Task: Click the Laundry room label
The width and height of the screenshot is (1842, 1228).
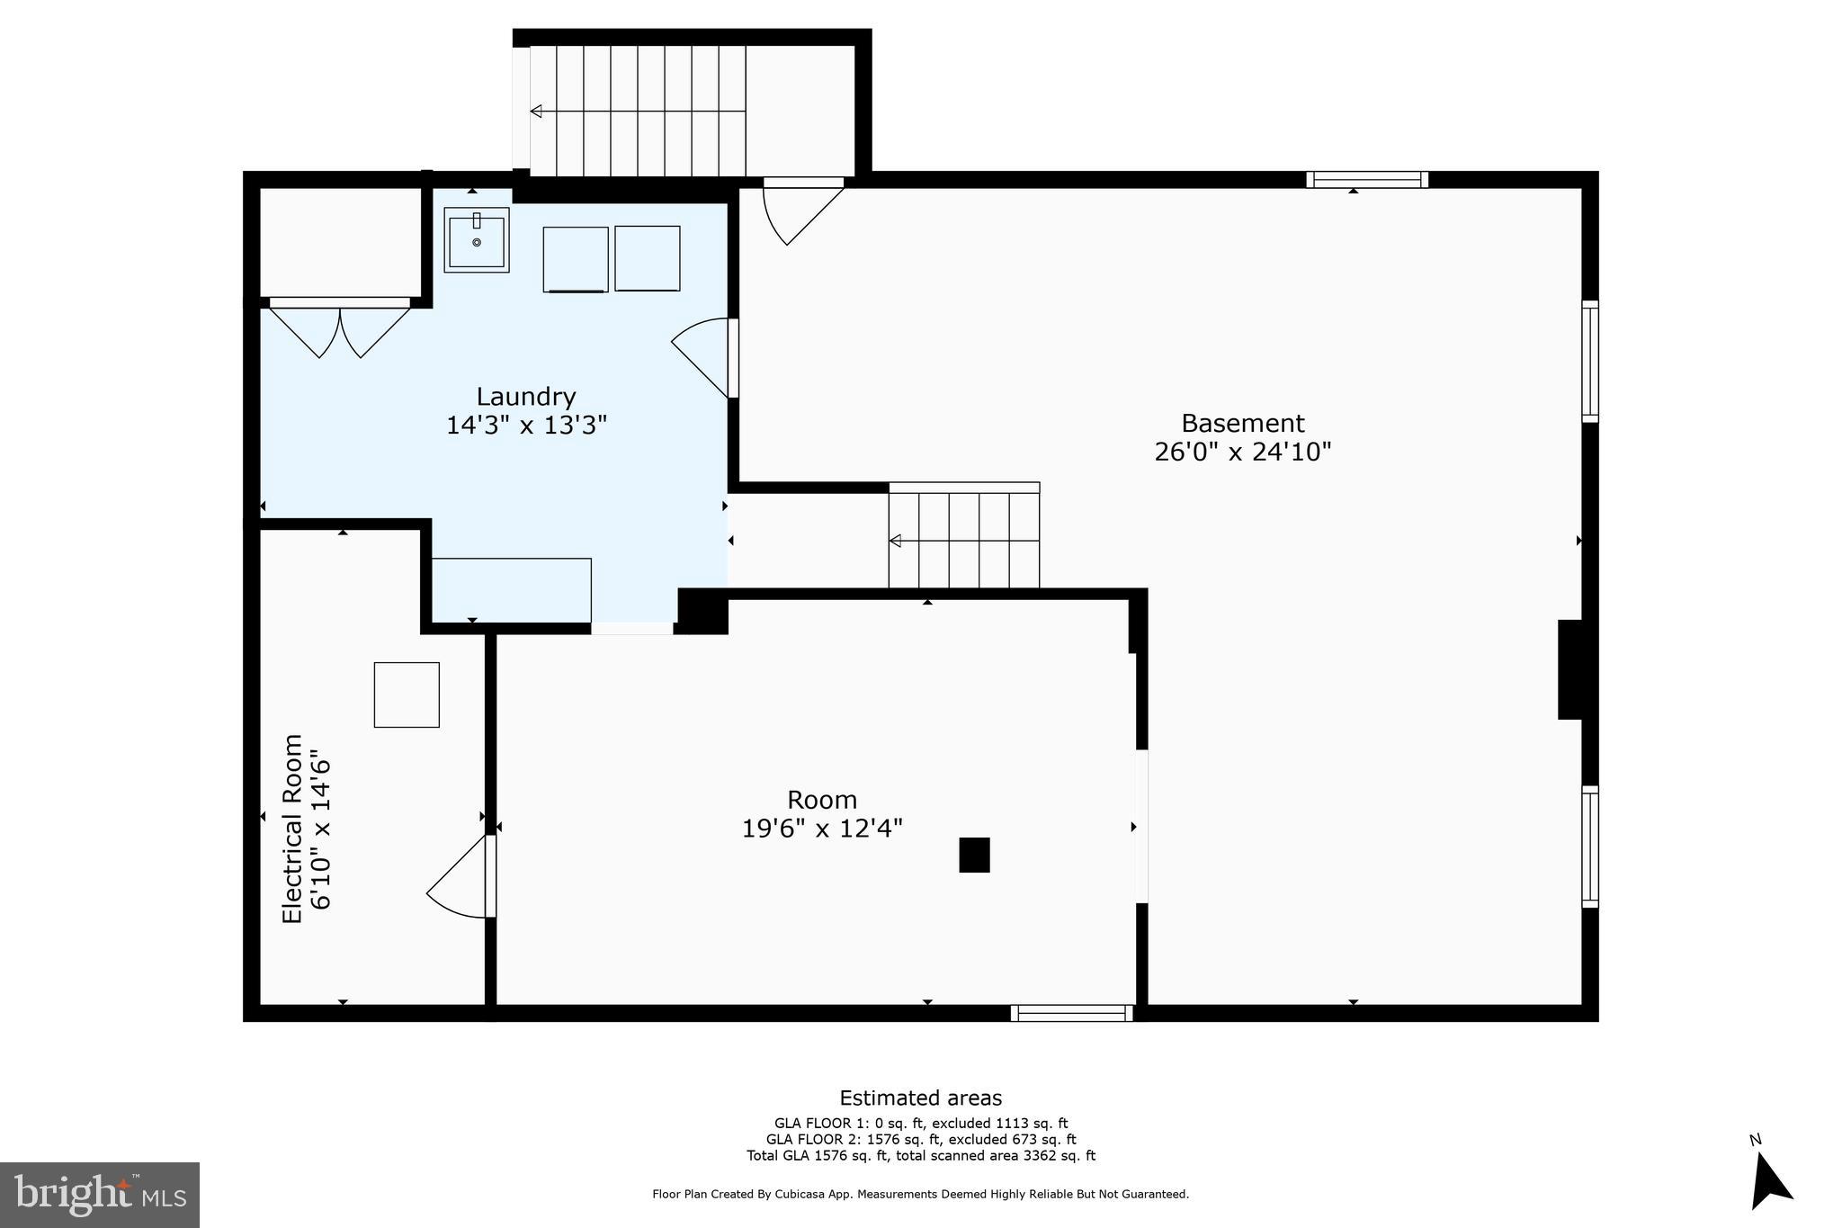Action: (x=525, y=397)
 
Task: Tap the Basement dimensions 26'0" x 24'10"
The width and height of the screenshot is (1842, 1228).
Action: (x=1242, y=452)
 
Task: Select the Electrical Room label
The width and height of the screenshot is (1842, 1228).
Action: (x=293, y=828)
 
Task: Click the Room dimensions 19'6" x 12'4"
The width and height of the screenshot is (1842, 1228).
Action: (x=821, y=828)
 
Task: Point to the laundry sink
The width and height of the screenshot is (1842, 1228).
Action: (x=476, y=240)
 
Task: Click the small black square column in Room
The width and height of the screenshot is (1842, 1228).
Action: (x=974, y=855)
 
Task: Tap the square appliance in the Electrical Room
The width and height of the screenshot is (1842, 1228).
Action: (x=407, y=695)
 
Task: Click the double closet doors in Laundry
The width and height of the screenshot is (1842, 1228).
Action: (x=340, y=329)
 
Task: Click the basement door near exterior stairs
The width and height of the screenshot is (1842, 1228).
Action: (x=800, y=211)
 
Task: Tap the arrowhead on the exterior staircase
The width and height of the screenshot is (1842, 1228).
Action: (x=536, y=112)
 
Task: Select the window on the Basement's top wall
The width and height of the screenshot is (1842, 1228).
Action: (x=1366, y=179)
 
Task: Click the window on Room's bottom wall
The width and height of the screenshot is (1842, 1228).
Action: (x=1071, y=1013)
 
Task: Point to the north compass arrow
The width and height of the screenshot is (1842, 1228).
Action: (x=1769, y=1182)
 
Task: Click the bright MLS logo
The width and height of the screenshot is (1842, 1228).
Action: (x=100, y=1195)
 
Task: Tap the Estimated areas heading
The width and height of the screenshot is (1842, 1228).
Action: (x=920, y=1098)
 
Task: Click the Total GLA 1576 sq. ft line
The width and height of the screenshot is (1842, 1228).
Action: (x=920, y=1156)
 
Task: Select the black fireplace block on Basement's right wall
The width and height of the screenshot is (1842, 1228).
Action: (x=1570, y=669)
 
